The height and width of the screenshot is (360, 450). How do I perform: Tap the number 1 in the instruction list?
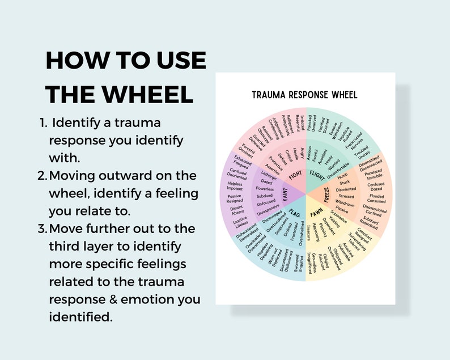(43, 122)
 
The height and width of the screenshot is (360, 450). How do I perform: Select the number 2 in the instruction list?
(41, 176)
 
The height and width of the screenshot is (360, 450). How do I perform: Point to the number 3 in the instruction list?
(41, 228)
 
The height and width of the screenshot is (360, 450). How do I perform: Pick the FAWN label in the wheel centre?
(317, 214)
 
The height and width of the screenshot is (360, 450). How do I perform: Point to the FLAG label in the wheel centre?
(295, 214)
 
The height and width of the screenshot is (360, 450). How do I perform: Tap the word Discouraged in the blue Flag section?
(274, 218)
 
